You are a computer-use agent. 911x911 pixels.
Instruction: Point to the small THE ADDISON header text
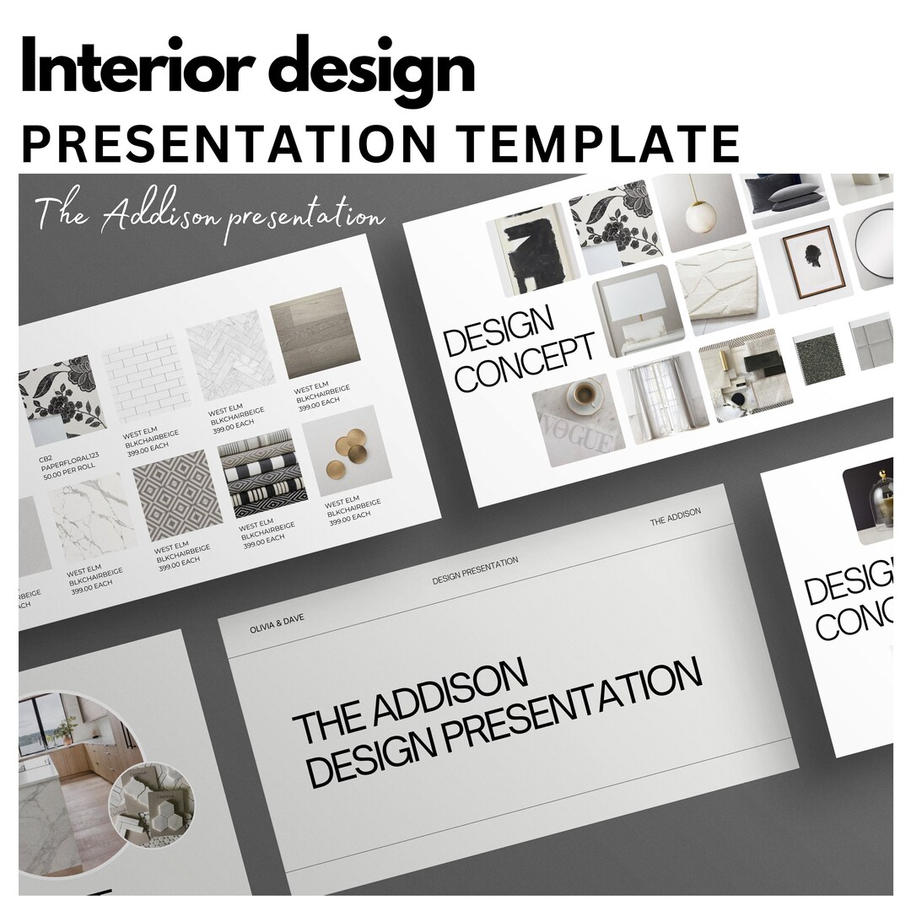[675, 517]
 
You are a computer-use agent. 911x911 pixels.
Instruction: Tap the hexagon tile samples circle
[151, 788]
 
